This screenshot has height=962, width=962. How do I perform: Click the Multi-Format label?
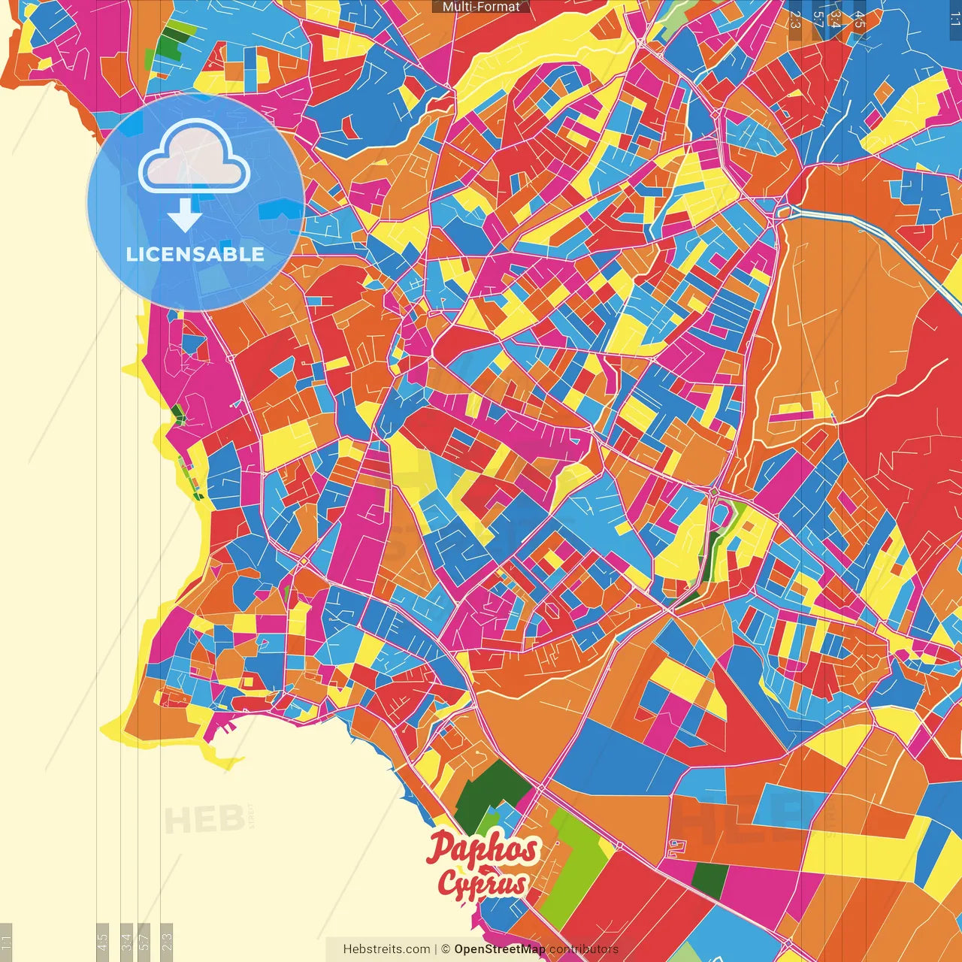(x=481, y=7)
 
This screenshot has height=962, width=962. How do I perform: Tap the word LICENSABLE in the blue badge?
(x=195, y=254)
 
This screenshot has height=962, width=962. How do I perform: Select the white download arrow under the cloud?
(x=185, y=215)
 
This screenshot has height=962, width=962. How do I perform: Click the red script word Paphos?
(x=483, y=849)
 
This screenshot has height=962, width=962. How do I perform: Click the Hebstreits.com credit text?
(x=386, y=949)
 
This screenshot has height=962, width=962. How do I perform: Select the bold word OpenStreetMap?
(x=500, y=949)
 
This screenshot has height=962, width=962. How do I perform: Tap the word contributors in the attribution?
(x=584, y=949)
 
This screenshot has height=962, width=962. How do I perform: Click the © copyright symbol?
(x=446, y=949)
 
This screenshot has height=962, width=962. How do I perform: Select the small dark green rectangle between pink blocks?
(x=709, y=879)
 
